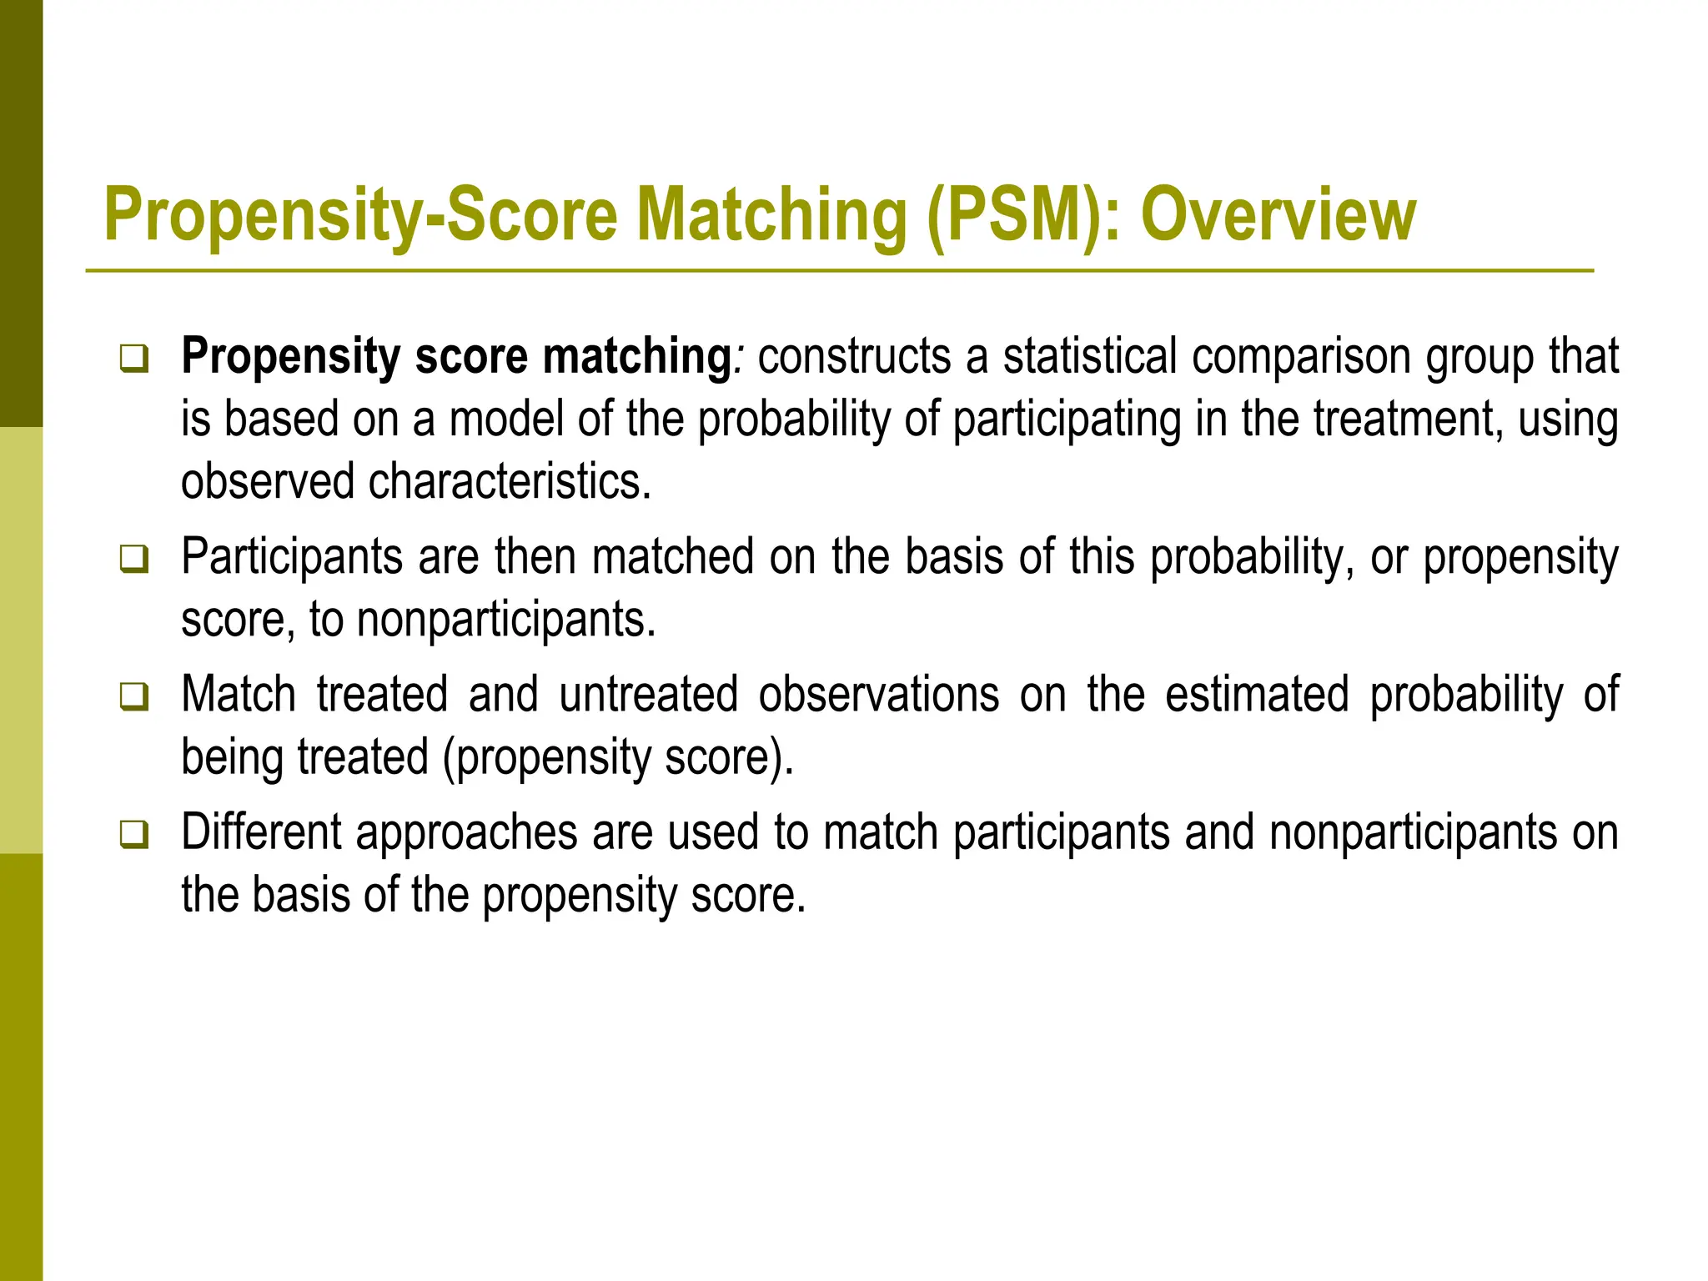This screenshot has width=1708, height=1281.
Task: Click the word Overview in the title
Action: tap(1278, 215)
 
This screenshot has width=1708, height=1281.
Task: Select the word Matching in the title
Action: tap(771, 215)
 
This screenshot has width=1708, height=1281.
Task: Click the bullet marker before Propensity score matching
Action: tap(133, 359)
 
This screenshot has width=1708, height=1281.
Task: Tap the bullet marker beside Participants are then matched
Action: tap(133, 557)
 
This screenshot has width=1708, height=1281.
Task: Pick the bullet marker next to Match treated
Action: tap(133, 695)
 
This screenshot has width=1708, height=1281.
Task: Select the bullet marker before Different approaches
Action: tap(133, 833)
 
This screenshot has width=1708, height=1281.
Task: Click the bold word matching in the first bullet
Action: tap(637, 357)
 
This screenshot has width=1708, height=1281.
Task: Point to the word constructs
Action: tap(853, 357)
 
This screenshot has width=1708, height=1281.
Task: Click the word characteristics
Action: tap(509, 481)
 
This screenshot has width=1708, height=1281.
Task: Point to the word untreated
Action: tap(649, 694)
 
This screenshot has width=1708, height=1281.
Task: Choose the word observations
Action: tap(879, 694)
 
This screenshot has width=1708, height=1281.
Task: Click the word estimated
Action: tap(1257, 694)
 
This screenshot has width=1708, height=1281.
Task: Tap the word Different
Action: tap(261, 831)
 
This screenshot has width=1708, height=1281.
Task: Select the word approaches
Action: tap(466, 831)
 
